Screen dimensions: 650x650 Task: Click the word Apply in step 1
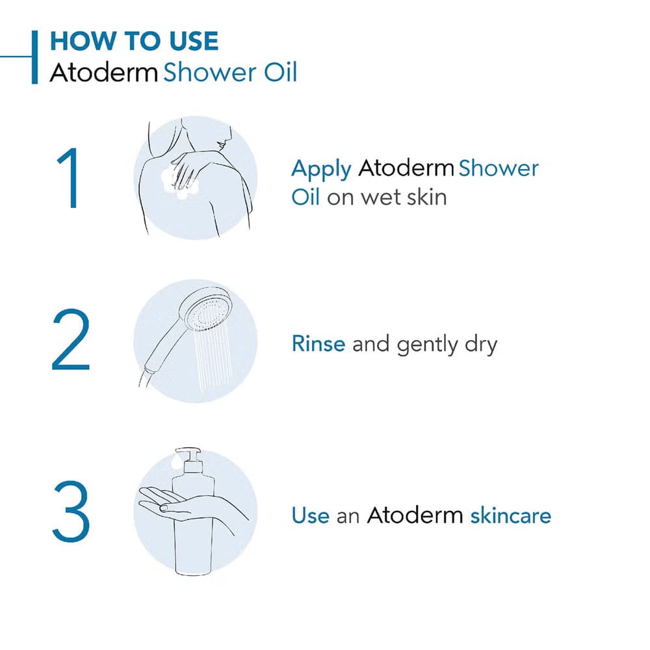click(x=321, y=170)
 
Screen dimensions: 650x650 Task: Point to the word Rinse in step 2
click(x=318, y=343)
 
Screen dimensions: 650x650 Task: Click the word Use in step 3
click(x=310, y=515)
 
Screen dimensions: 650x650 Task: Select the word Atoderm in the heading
click(x=103, y=72)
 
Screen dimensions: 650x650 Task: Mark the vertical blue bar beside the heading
click(x=34, y=57)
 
